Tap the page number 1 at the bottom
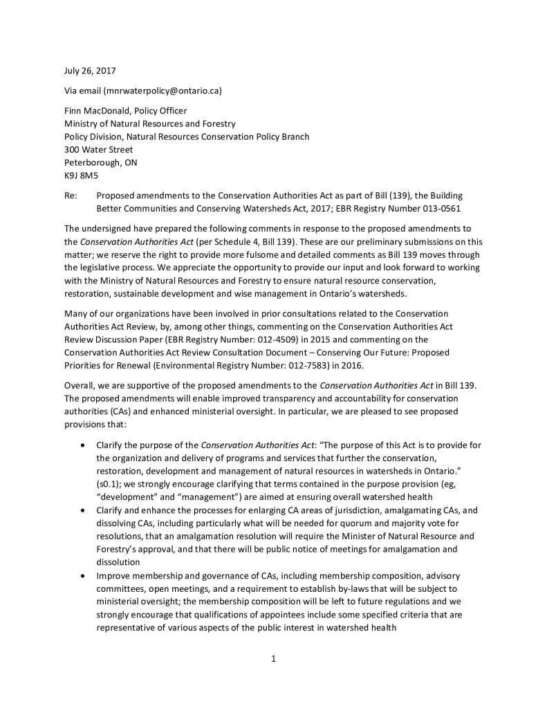(x=273, y=659)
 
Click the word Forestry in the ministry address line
(x=217, y=124)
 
